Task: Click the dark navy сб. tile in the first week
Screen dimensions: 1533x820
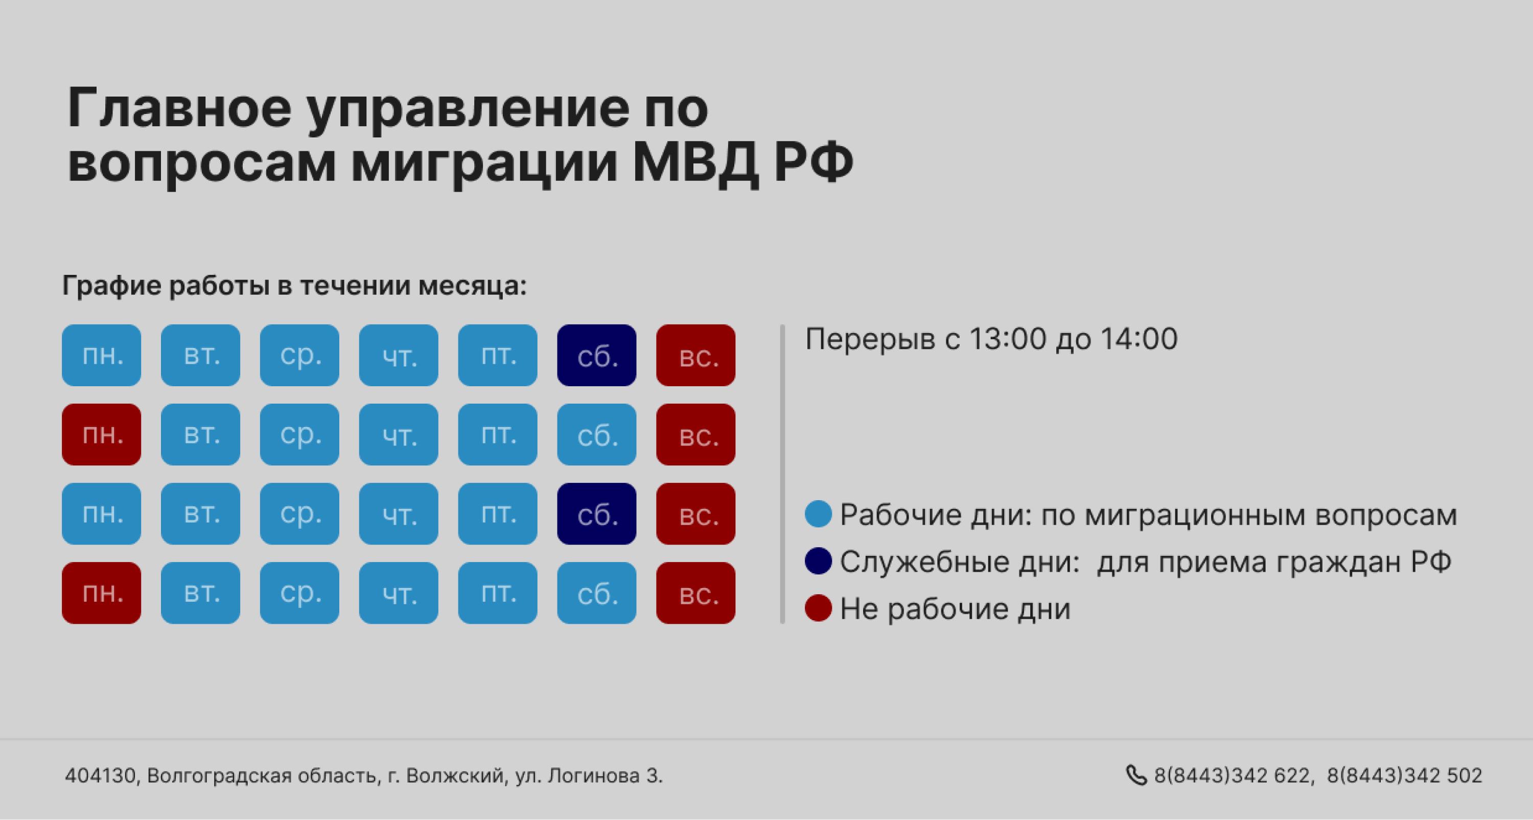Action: point(596,355)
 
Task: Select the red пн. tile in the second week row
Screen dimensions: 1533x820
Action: point(101,434)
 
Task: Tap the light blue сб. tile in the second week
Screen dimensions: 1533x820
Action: point(596,434)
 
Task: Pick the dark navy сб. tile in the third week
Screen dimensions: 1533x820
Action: point(596,513)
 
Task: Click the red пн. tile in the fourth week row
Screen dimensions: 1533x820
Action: point(101,593)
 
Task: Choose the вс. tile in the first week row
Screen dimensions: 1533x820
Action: point(695,355)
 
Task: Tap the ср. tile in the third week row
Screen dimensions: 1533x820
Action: point(299,513)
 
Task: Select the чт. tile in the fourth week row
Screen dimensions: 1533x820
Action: point(398,593)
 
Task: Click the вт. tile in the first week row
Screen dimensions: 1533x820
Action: point(200,355)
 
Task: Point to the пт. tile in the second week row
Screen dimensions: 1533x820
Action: point(498,434)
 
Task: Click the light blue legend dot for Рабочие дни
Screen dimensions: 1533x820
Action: point(818,514)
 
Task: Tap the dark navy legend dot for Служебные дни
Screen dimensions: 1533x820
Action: point(818,561)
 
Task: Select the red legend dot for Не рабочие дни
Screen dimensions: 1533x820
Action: point(818,608)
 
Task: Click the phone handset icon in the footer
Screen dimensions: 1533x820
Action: point(1136,776)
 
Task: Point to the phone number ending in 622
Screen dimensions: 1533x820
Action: point(1232,776)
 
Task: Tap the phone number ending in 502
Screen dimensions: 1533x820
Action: point(1404,776)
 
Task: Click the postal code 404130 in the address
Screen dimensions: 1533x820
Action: point(101,776)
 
